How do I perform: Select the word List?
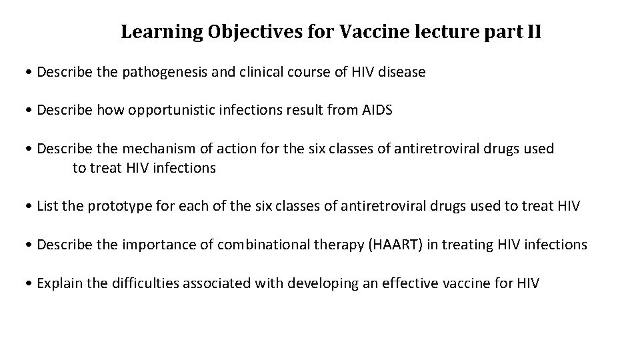point(47,207)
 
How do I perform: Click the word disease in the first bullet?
point(402,71)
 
